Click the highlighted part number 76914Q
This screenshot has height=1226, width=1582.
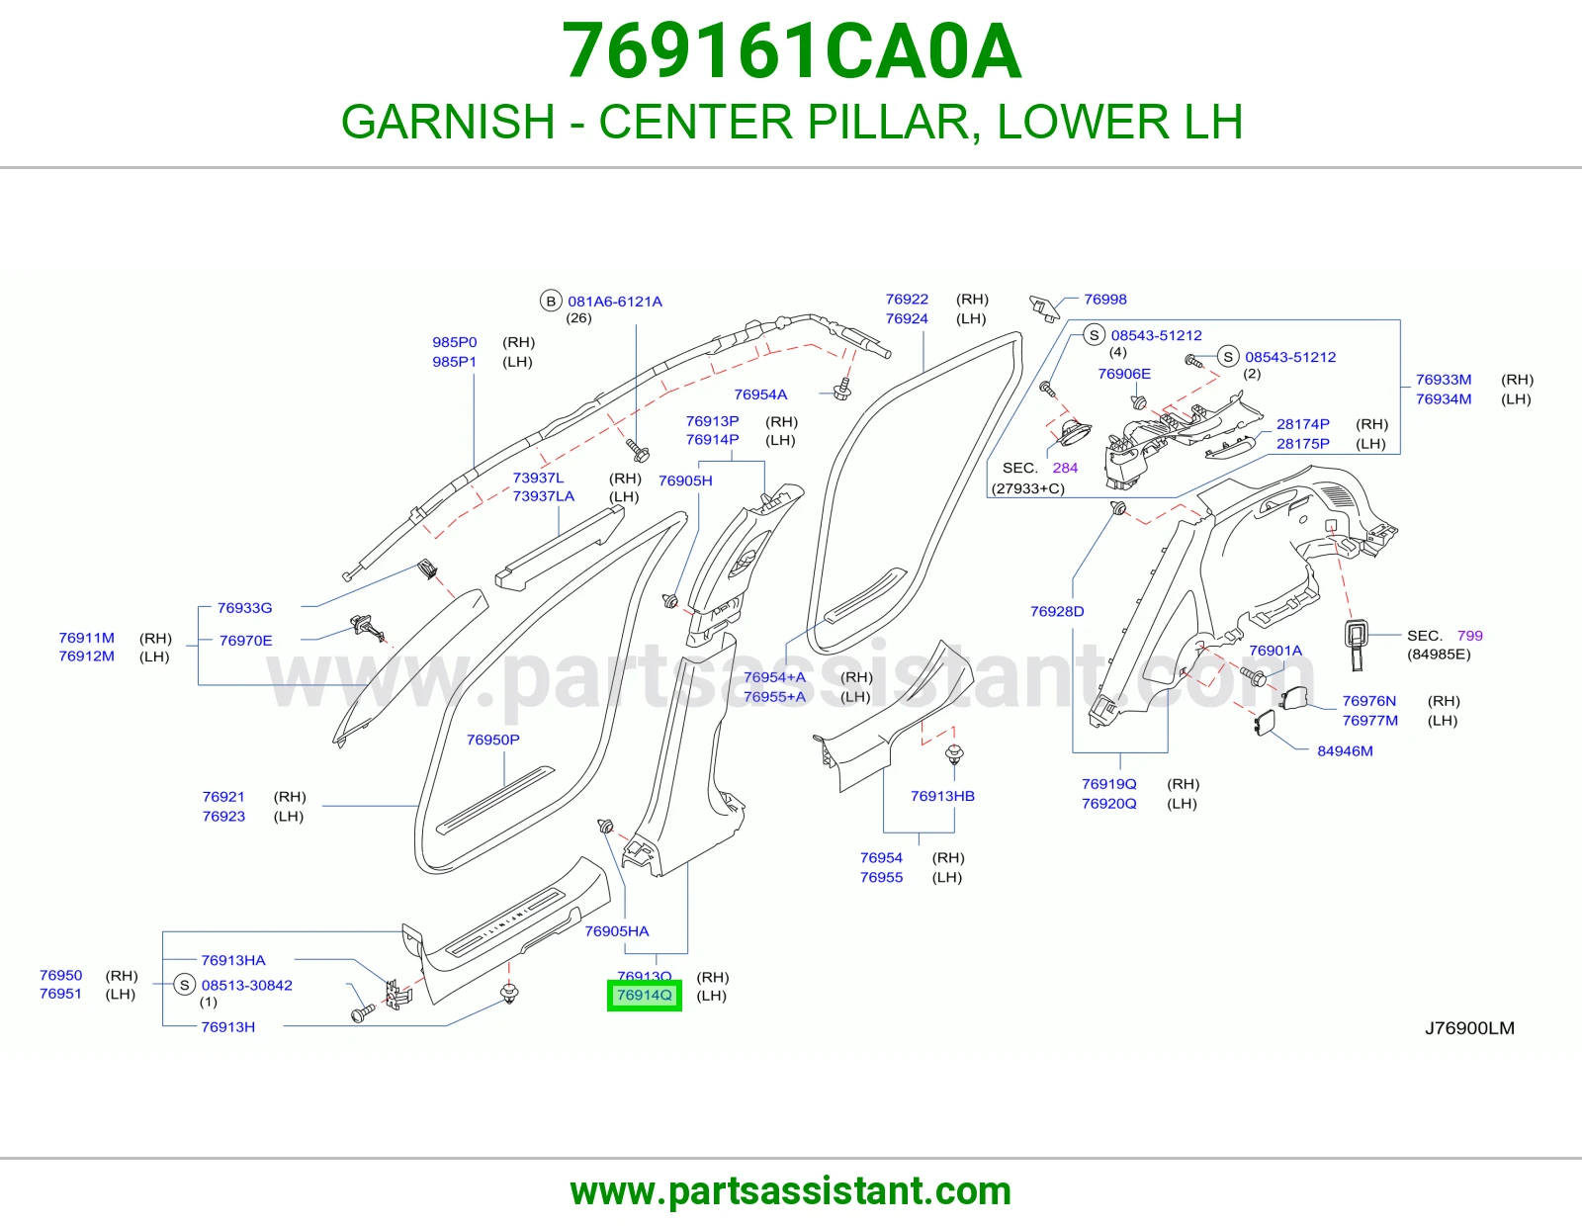coord(645,996)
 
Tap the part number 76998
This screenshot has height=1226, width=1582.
coord(1104,300)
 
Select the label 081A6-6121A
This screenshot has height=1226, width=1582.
coord(614,302)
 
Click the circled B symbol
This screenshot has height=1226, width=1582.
coord(551,301)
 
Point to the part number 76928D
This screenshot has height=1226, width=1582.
coord(1056,612)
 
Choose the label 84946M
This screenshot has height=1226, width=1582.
coord(1345,751)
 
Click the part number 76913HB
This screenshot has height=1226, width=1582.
coord(942,797)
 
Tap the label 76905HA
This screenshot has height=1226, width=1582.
coord(617,931)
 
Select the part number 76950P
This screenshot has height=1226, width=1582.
coord(492,740)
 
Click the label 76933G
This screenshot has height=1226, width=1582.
coord(244,608)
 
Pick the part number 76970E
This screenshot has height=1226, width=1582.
coord(245,641)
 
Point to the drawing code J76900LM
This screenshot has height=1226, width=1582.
coord(1469,1028)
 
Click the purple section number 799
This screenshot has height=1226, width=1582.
coord(1469,636)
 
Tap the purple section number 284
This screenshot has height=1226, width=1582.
coord(1064,468)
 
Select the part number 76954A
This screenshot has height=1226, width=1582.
coord(760,394)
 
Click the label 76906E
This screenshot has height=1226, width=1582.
coord(1124,374)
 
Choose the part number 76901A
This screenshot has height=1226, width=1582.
coord(1275,651)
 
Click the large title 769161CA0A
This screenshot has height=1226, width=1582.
coord(791,50)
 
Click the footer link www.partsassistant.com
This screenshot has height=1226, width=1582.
coord(791,1191)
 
